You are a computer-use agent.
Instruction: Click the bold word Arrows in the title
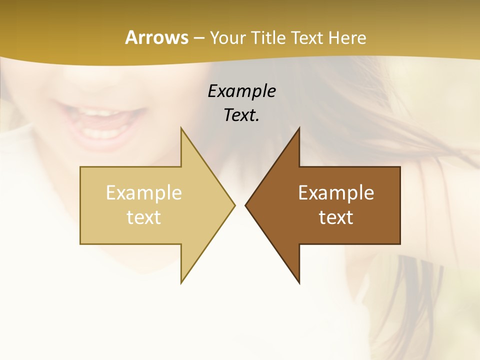coord(156,37)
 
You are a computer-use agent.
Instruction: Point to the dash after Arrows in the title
coord(198,38)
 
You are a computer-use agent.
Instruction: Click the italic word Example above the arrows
coord(241,91)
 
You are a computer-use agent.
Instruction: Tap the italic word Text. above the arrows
coord(241,115)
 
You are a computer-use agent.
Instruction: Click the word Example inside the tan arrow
coord(144,192)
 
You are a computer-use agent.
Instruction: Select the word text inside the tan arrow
coord(144,217)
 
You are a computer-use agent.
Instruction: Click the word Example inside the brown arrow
coord(336,192)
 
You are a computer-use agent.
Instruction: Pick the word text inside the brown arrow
coord(336,217)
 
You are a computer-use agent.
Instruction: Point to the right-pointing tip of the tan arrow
coord(234,205)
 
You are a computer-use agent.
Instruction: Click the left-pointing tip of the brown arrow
coord(246,205)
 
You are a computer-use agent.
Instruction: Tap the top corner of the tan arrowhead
coord(181,129)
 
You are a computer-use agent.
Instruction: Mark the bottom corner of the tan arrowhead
coord(181,282)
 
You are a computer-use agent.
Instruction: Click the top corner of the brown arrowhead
coord(299,129)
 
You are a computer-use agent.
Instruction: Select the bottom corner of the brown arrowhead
coord(299,282)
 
